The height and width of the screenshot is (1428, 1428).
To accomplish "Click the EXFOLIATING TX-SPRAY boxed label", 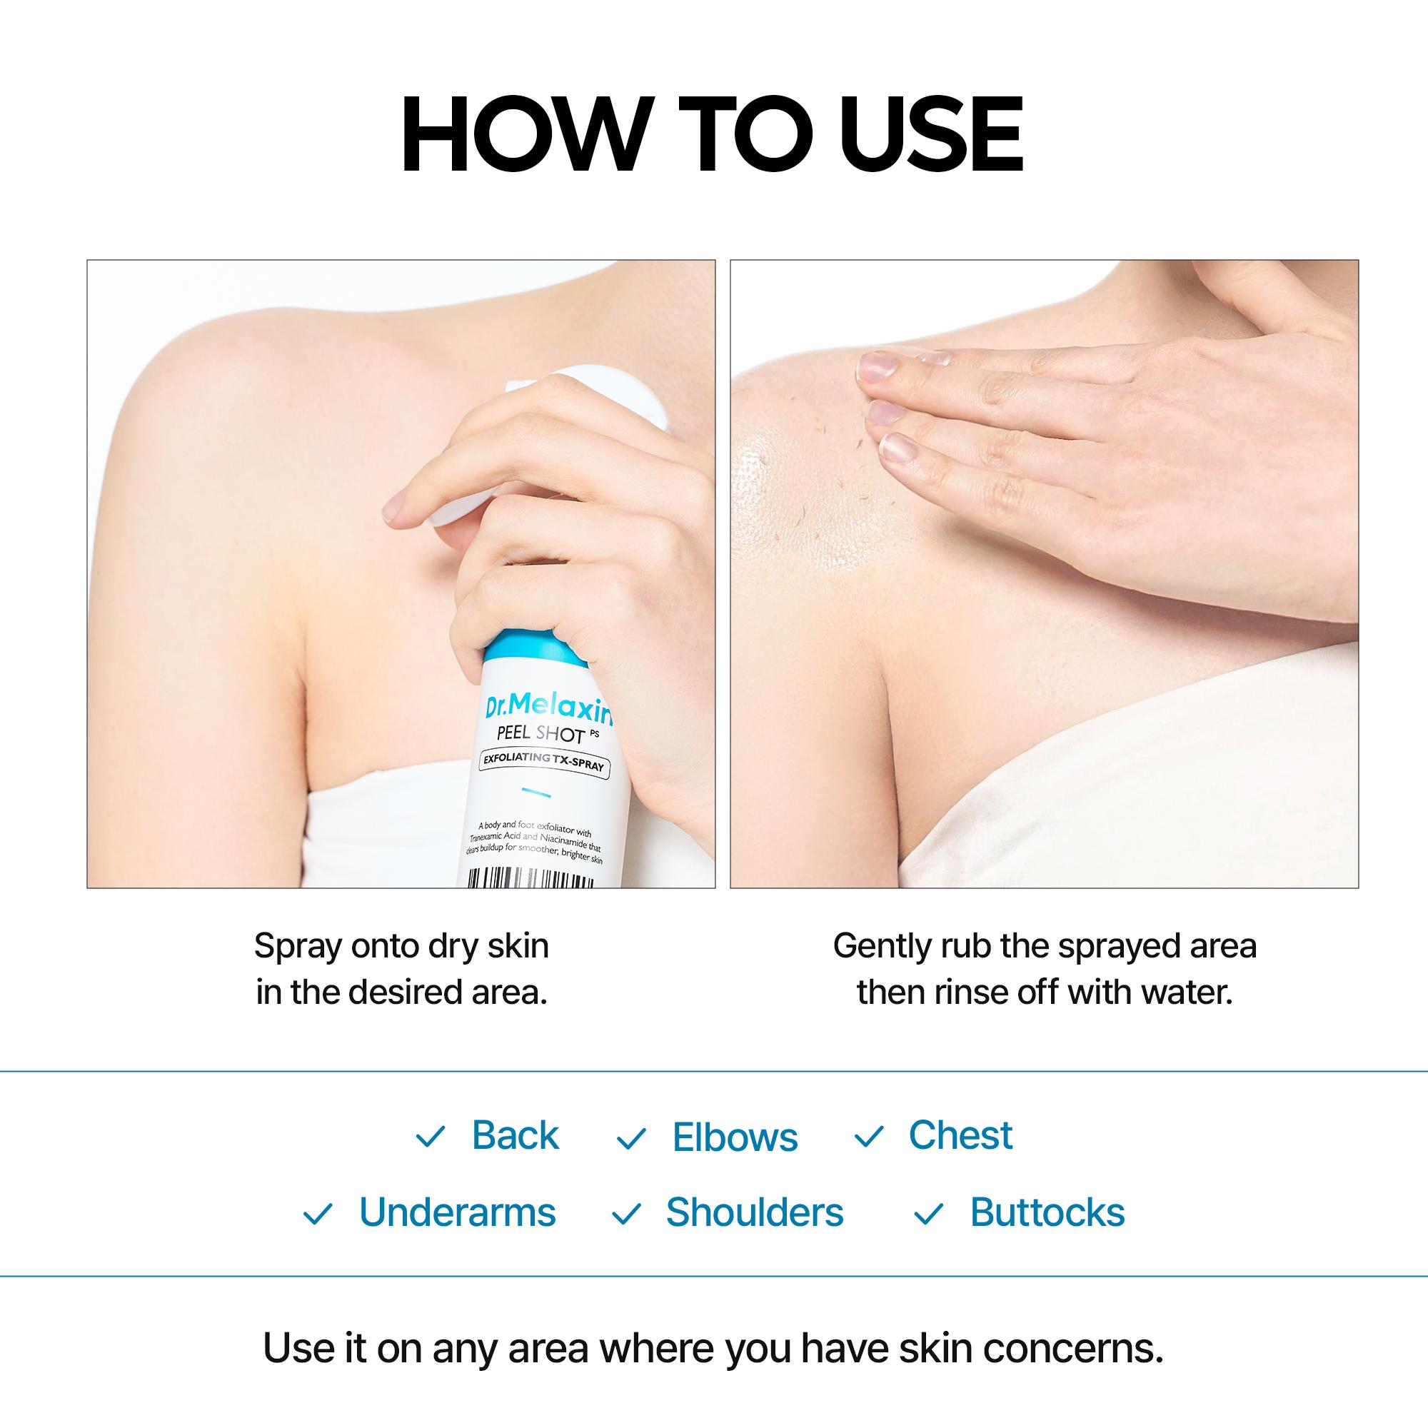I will [543, 761].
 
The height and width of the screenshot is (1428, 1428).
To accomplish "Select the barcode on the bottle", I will [529, 878].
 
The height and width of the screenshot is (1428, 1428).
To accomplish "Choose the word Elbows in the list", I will [735, 1137].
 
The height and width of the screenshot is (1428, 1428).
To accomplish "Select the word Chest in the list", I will [960, 1135].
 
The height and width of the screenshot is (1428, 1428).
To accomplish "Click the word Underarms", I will [457, 1213].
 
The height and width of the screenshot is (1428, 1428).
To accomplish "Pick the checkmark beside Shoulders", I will [626, 1215].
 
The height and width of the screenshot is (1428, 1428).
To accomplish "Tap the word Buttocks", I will [1047, 1213].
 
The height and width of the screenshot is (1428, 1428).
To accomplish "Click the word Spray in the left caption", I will [298, 947].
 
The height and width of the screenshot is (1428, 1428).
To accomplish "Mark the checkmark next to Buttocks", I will [929, 1215].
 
